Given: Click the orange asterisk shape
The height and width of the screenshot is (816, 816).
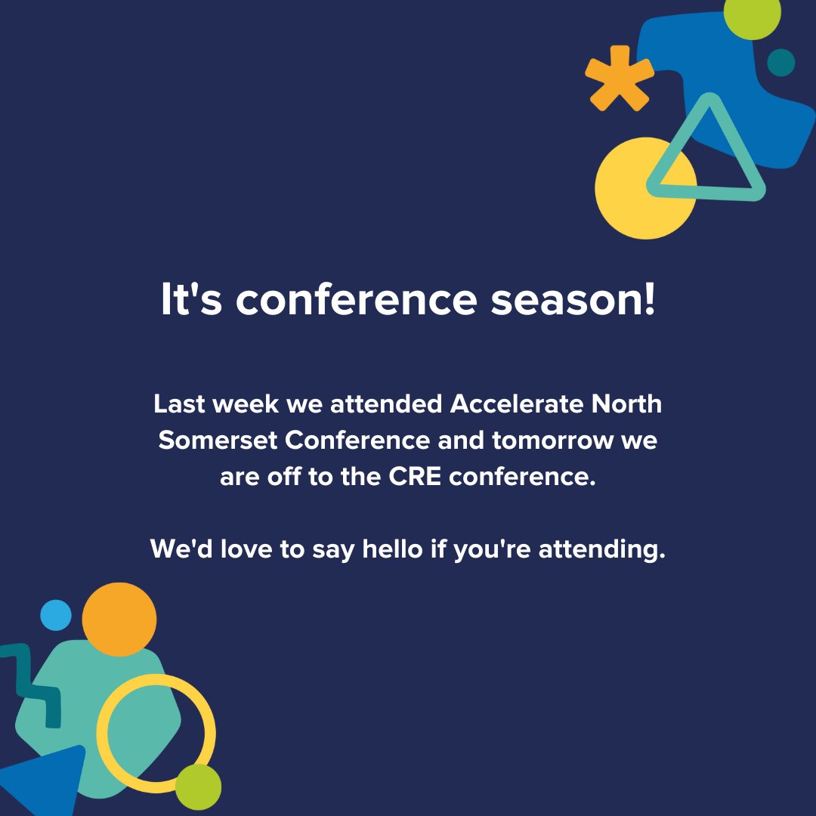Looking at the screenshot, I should pos(619,79).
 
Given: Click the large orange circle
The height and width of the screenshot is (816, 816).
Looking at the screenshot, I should pos(119,619).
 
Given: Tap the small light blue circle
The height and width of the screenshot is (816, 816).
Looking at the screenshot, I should pos(55,615).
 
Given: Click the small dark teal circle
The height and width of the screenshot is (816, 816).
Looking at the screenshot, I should pos(780,63).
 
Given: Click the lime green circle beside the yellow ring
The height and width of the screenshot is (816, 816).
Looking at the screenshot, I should pos(198,787).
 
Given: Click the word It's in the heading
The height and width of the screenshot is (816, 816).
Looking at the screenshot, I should pos(192,300).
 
